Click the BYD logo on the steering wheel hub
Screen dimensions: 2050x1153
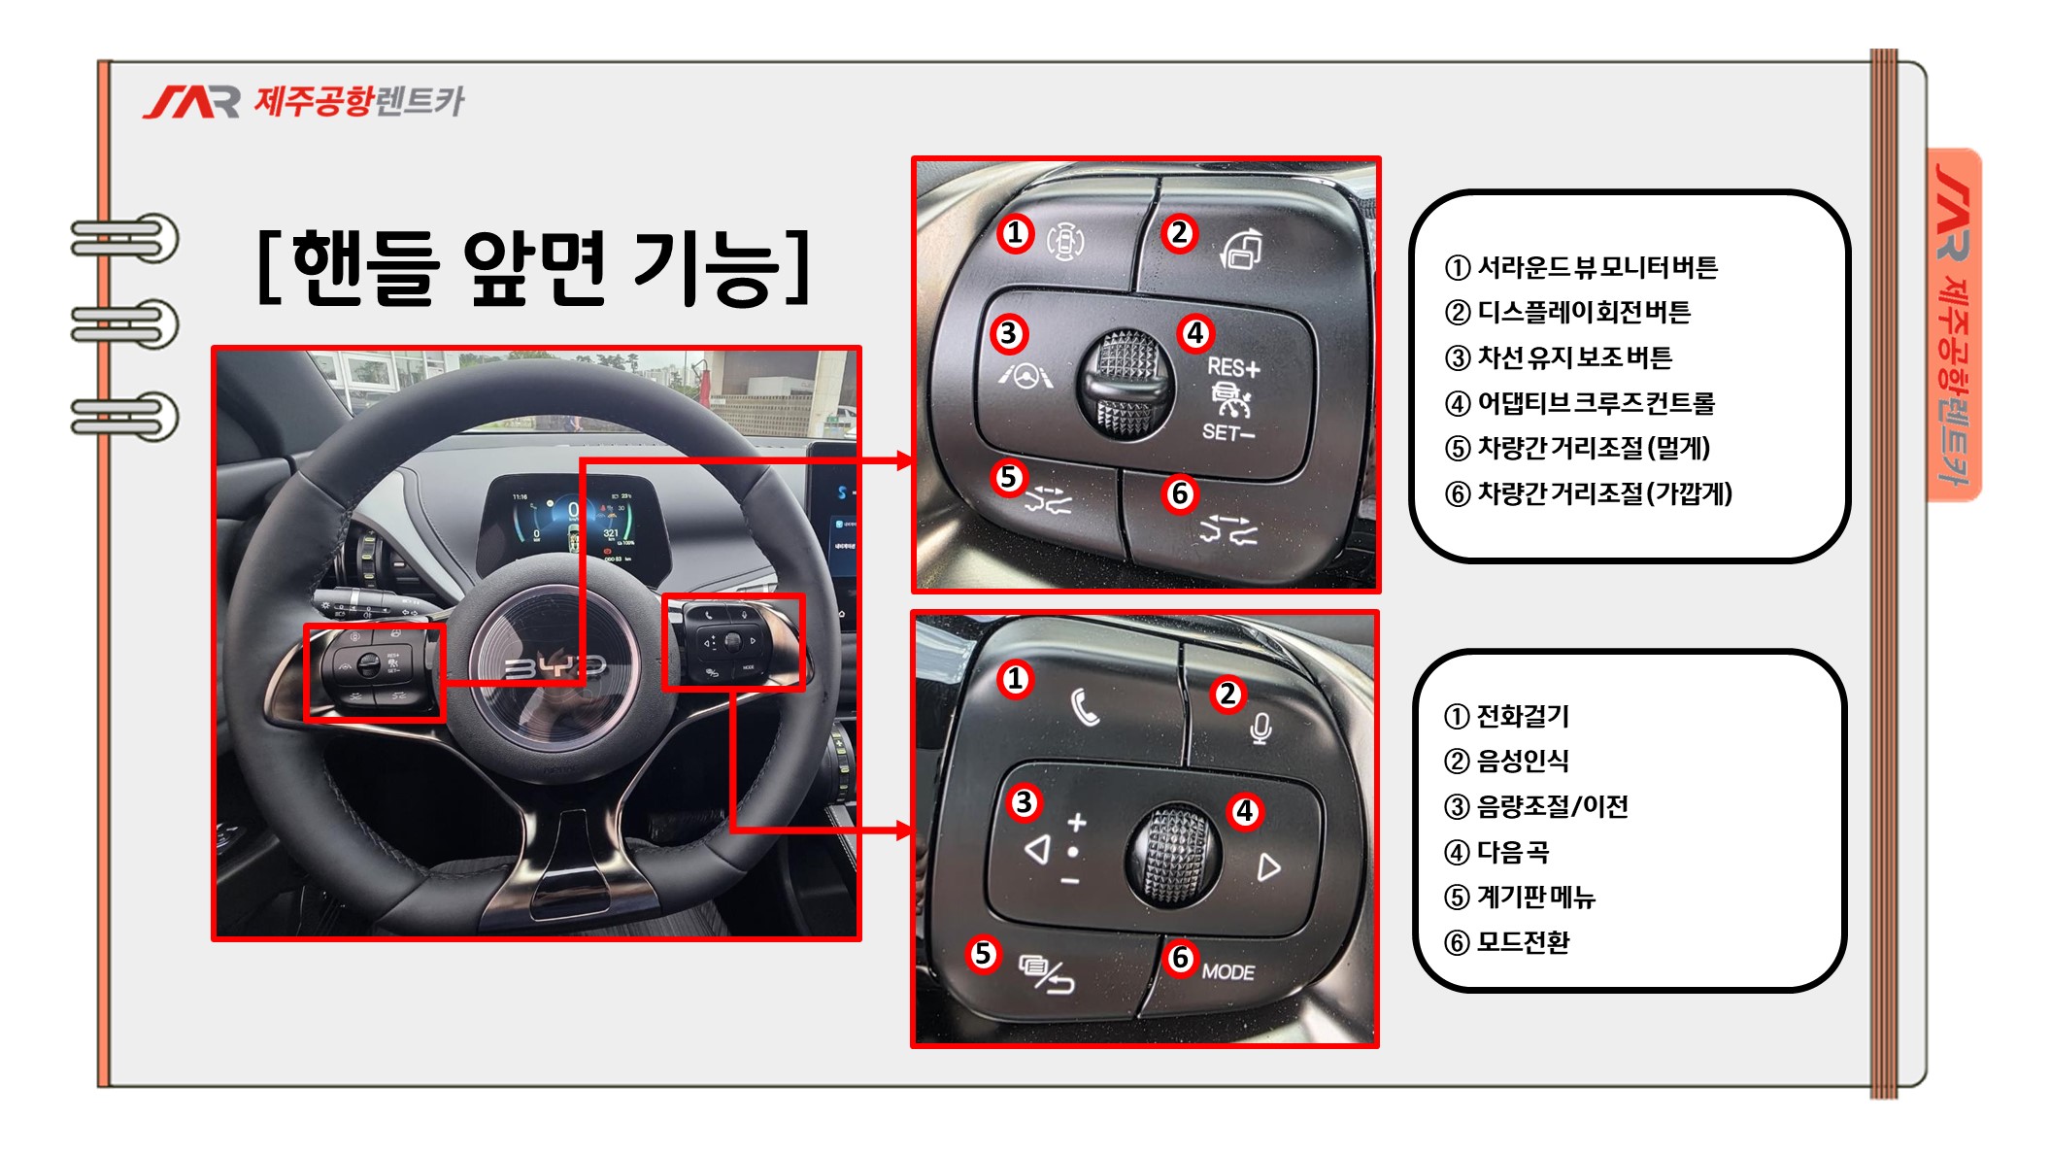[x=555, y=666]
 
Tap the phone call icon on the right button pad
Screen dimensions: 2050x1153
[x=1085, y=707]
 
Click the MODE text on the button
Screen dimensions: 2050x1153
[x=1228, y=971]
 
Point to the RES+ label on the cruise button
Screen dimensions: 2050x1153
[x=1233, y=367]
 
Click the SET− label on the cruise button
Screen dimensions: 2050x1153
[x=1227, y=432]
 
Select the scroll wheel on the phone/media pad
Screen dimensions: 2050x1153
[x=1176, y=855]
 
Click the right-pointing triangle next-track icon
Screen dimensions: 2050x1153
[x=1268, y=866]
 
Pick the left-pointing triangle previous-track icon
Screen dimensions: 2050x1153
[x=1038, y=849]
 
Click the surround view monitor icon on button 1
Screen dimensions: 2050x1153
[x=1065, y=241]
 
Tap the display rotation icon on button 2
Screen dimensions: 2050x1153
[x=1242, y=249]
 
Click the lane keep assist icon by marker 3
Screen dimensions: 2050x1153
[x=1025, y=375]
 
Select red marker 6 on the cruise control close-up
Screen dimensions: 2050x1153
[x=1180, y=493]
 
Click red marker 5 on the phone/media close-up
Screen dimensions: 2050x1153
[x=983, y=953]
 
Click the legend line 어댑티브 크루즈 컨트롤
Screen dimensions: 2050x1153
[x=1580, y=402]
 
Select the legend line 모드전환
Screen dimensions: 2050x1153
[x=1506, y=942]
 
